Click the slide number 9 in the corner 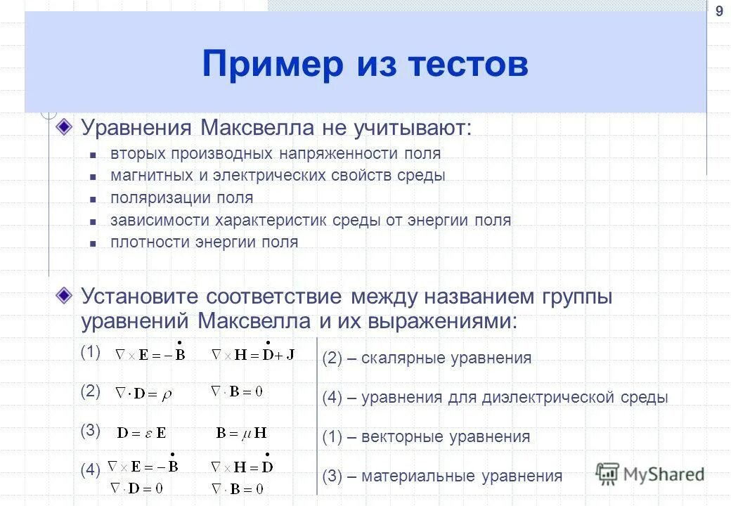click(718, 11)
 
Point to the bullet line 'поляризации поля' click(181, 197)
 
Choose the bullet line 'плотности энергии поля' click(204, 242)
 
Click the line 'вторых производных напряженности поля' click(275, 153)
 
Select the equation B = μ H click(241, 433)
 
